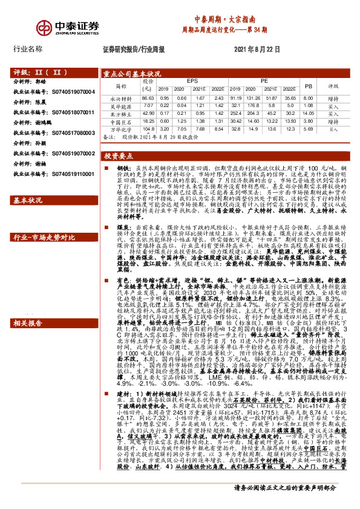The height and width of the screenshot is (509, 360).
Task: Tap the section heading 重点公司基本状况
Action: pyautogui.click(x=132, y=74)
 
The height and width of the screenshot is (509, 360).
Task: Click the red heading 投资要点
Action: pyautogui.click(x=117, y=155)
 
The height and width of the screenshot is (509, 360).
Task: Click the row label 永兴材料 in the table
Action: pyautogui.click(x=120, y=98)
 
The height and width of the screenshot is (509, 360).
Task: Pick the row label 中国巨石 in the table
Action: pyautogui.click(x=120, y=122)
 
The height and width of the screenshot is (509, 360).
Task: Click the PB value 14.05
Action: pyautogui.click(x=308, y=114)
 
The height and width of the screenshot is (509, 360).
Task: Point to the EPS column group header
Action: pyautogui.click(x=192, y=80)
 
